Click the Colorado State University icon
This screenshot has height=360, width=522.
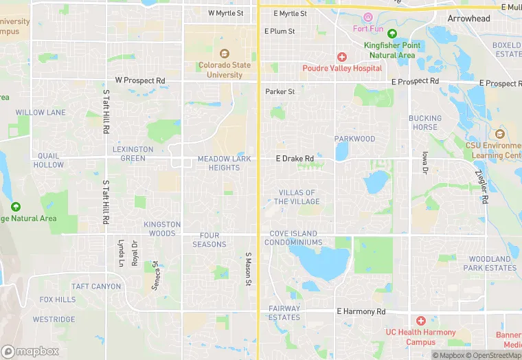[x=223, y=54]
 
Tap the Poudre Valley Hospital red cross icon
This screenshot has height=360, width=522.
[x=341, y=57]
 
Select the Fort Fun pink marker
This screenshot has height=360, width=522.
[x=368, y=17]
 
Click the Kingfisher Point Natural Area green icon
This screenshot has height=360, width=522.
[x=392, y=34]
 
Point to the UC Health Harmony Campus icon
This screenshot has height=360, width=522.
[x=421, y=321]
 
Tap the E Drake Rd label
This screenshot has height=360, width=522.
[x=295, y=159]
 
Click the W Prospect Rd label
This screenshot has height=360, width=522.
[x=140, y=80]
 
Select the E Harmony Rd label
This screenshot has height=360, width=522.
[x=361, y=311]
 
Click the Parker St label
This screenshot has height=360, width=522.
[x=280, y=91]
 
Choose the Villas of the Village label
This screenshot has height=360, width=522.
[x=297, y=197]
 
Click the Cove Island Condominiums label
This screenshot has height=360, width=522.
[x=295, y=238]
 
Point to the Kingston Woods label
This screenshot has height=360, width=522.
[x=162, y=229]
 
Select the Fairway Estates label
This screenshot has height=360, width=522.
[x=284, y=313]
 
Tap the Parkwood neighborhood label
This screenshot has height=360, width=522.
[x=355, y=139]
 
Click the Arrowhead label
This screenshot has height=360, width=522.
[x=468, y=19]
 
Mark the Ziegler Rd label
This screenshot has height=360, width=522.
[x=484, y=188]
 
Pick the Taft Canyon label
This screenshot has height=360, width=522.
[x=96, y=286]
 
